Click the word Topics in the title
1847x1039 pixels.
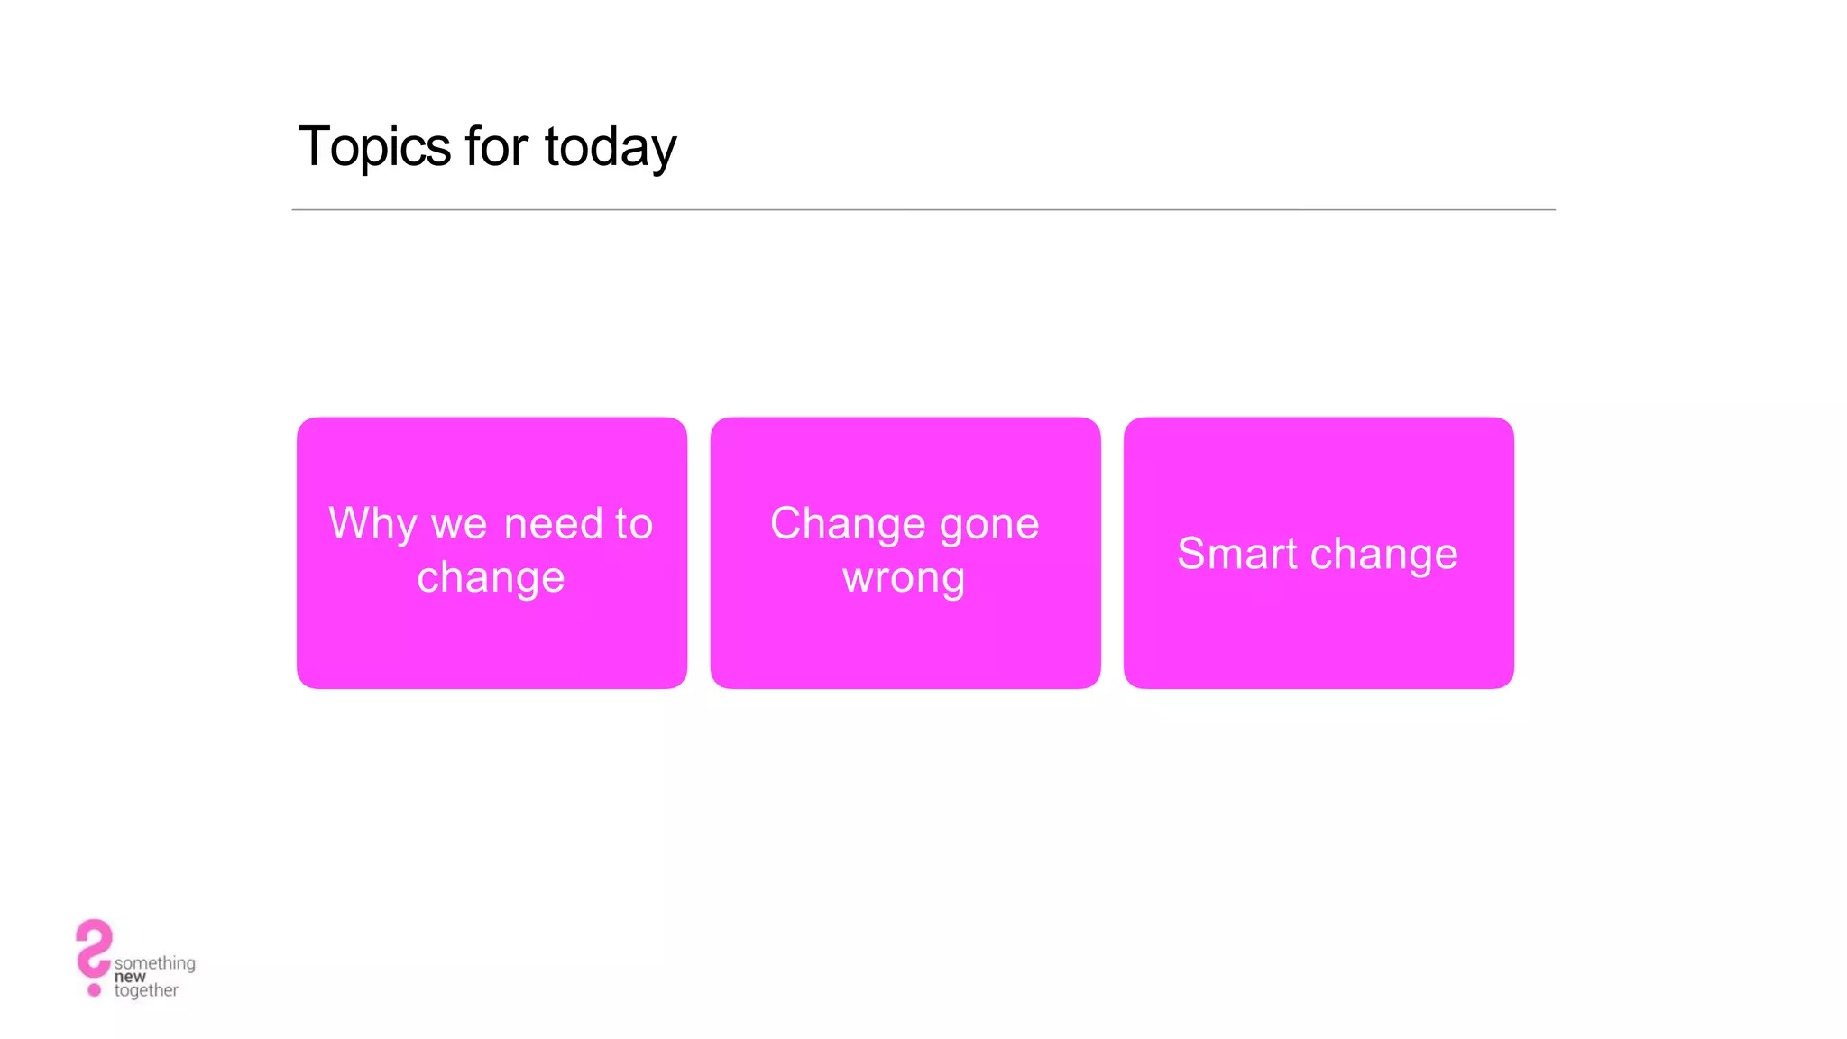tap(374, 147)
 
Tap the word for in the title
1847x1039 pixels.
tap(496, 146)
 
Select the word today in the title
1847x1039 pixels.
tap(611, 148)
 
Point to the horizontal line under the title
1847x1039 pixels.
tap(923, 210)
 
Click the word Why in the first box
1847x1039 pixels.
tap(372, 524)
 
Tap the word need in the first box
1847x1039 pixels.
tap(553, 524)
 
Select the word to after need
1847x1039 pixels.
tap(633, 524)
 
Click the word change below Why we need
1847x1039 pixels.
tap(491, 578)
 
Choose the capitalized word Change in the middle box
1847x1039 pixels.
tap(848, 525)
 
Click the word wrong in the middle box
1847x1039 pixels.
tap(904, 578)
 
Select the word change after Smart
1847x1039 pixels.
tap(1383, 555)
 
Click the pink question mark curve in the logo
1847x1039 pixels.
tap(93, 946)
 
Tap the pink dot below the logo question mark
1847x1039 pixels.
tap(94, 990)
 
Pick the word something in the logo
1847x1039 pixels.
tap(155, 963)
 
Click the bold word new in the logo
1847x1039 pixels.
tap(130, 977)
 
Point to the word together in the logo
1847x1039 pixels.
tap(146, 990)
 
